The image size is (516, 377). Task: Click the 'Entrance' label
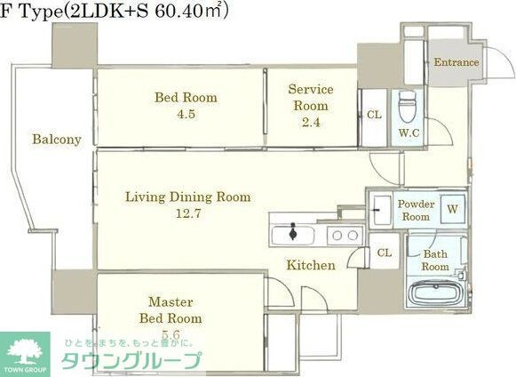coord(456,62)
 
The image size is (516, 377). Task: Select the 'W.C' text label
coord(409,133)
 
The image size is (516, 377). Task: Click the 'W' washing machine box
coord(452,210)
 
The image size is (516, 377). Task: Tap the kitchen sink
coord(292,235)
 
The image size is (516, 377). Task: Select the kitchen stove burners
coord(344,235)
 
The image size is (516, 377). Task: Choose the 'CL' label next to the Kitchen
coord(384,253)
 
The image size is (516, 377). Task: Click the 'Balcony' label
coord(57,140)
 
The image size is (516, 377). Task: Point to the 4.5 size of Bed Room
coord(186,113)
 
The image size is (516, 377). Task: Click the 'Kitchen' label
coord(310,265)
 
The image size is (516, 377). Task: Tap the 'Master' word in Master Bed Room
coord(171,301)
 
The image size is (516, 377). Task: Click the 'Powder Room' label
coord(415,210)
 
